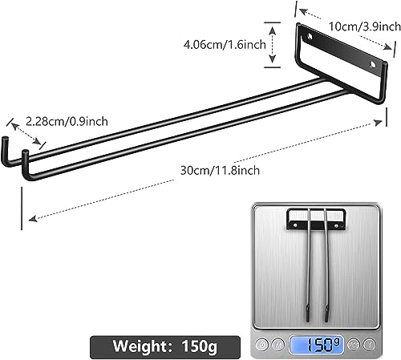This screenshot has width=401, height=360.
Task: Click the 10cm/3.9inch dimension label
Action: pyautogui.click(x=359, y=27)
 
